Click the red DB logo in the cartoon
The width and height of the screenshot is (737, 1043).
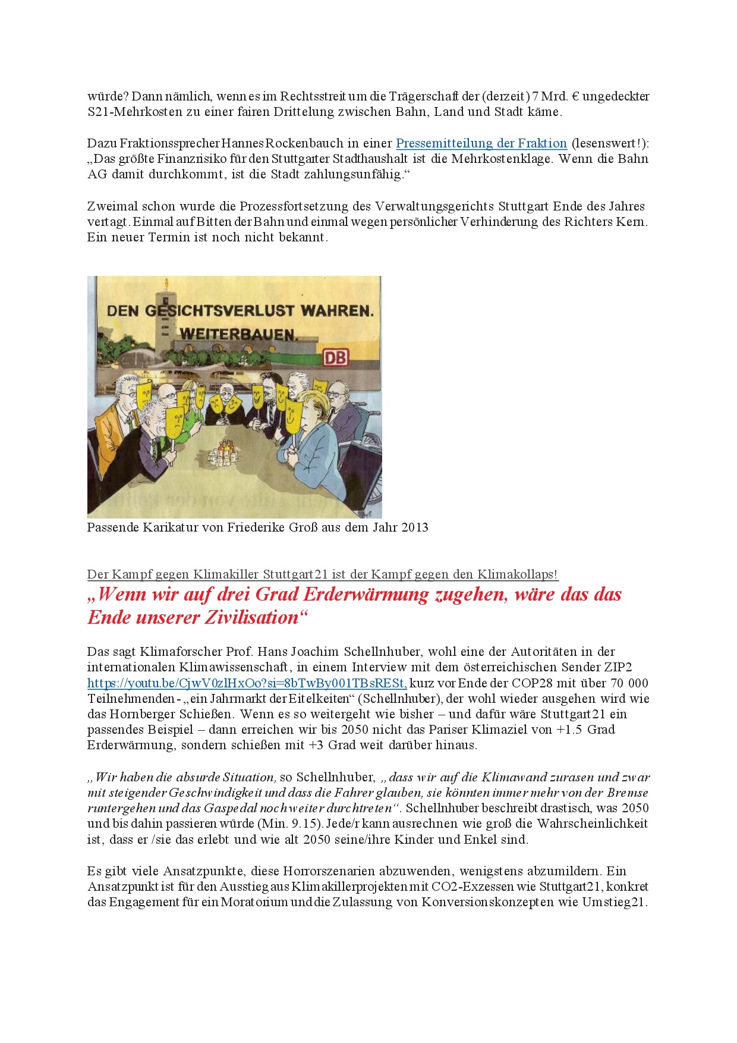336,357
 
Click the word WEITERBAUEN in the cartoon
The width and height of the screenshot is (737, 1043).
238,334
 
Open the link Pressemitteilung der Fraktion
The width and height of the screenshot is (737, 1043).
481,143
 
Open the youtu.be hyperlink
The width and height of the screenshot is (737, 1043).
247,683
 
